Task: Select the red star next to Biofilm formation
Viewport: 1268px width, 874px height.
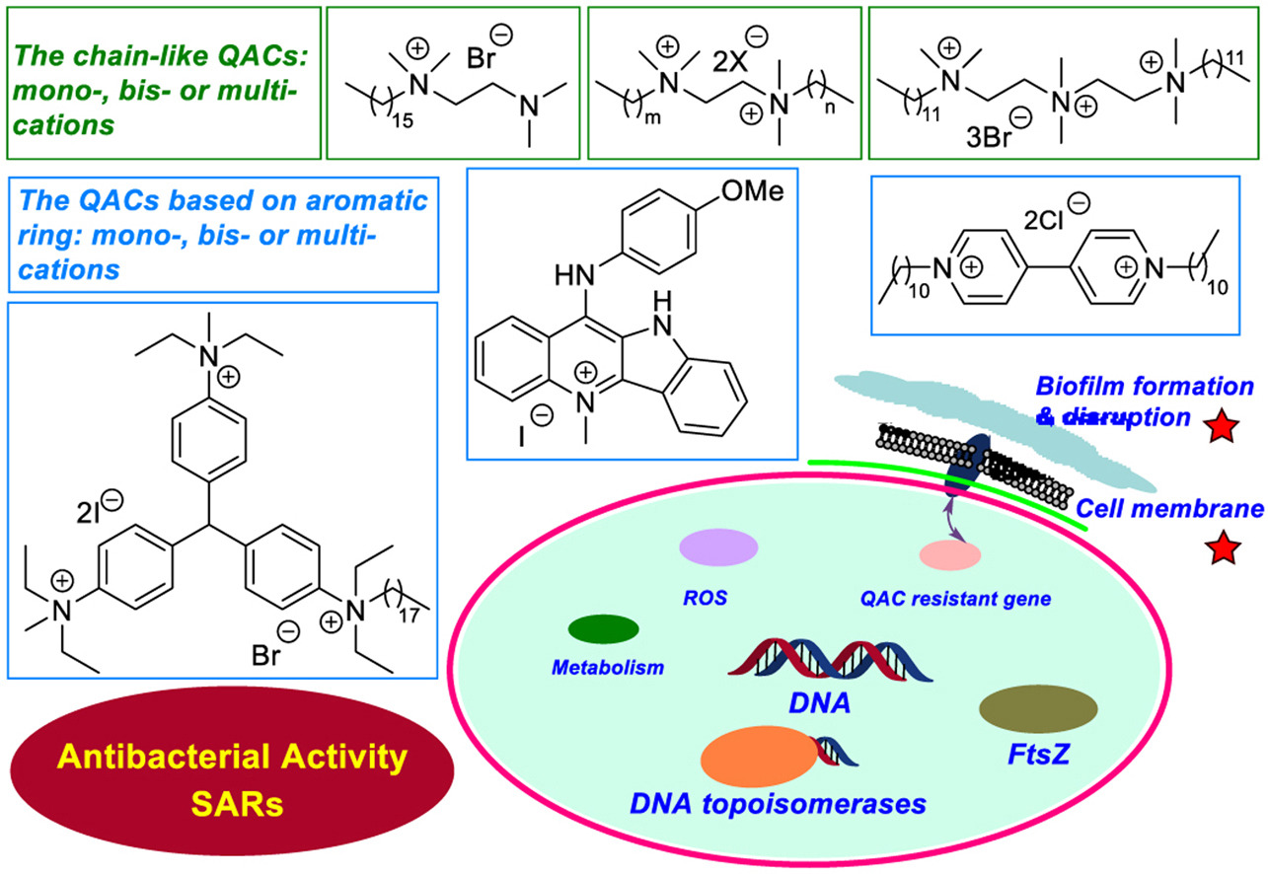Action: (x=1223, y=426)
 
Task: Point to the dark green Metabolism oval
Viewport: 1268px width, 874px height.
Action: (x=604, y=628)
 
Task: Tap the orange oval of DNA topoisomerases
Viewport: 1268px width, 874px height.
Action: (x=759, y=758)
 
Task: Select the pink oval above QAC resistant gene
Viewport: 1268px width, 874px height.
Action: (x=948, y=555)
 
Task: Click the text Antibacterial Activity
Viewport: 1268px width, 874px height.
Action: (x=232, y=758)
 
